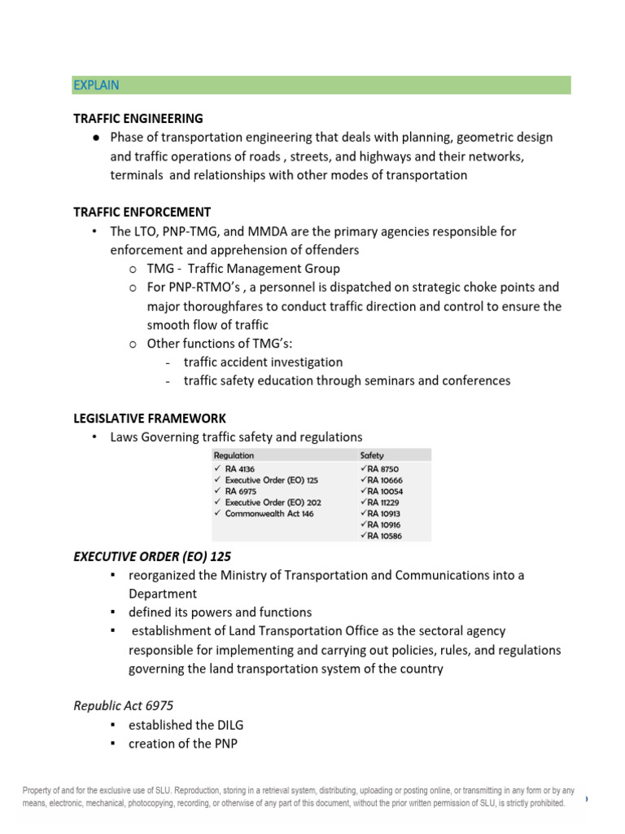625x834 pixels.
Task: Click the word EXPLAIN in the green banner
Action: point(96,86)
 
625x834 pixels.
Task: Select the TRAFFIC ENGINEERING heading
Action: point(138,118)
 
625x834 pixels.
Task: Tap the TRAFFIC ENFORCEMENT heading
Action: point(142,212)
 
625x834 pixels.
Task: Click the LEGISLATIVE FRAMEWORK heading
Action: point(150,418)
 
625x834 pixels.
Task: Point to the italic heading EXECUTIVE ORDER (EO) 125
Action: point(152,556)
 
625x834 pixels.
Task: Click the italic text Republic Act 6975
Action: point(123,705)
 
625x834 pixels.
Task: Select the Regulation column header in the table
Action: point(234,456)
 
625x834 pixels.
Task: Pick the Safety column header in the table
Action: point(372,456)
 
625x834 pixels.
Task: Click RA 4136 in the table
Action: point(242,469)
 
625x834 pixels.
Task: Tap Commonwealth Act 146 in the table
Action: point(269,514)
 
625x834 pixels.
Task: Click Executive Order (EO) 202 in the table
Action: point(273,503)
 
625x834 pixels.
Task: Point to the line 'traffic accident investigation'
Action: point(263,362)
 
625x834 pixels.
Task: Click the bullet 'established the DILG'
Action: point(186,725)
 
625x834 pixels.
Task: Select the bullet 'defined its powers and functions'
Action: point(220,612)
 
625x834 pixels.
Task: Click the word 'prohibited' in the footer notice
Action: point(544,803)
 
